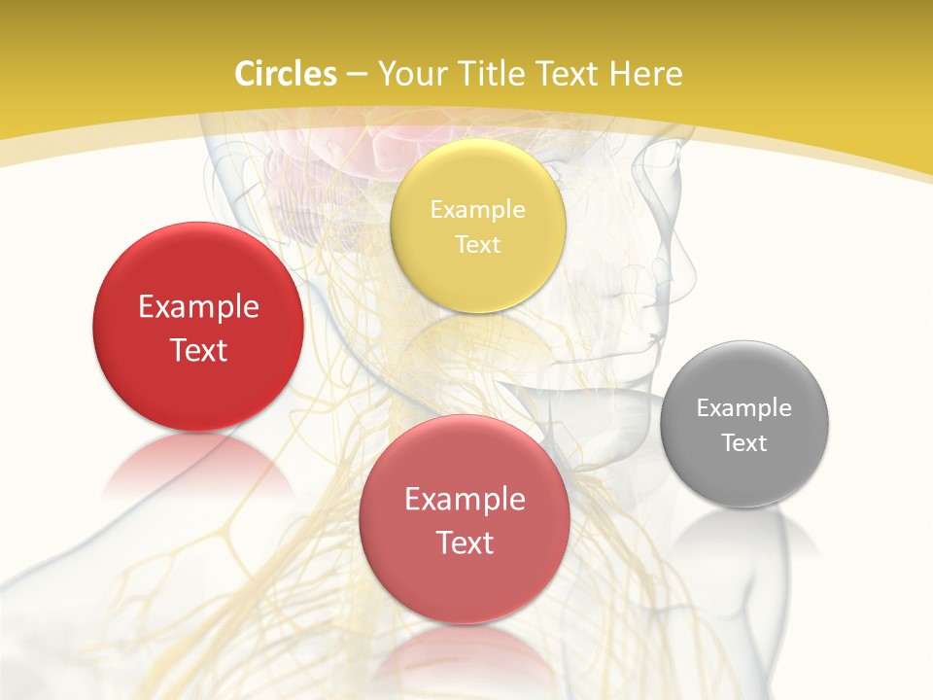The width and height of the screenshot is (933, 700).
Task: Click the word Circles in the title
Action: [x=285, y=74]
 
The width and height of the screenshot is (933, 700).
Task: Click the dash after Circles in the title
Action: [x=356, y=75]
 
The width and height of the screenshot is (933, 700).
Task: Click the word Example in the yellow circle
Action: [x=477, y=209]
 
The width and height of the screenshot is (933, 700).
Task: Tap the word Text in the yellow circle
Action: [x=477, y=244]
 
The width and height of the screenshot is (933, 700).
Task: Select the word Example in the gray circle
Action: [x=743, y=407]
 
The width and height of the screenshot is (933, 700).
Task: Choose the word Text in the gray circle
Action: [x=744, y=442]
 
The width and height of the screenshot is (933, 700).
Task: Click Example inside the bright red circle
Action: [x=198, y=306]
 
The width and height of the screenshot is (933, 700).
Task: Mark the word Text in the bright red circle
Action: [x=198, y=350]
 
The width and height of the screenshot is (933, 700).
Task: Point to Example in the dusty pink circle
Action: [x=465, y=499]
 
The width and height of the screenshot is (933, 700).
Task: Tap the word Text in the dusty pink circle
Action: [x=465, y=542]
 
